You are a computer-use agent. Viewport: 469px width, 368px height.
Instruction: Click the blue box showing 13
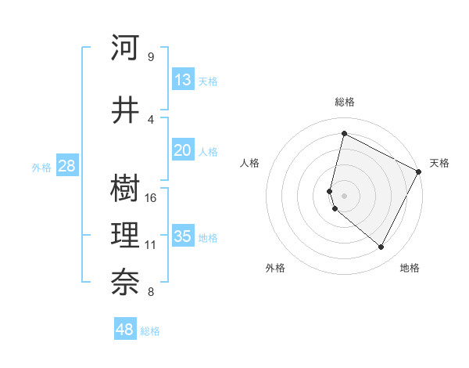(x=182, y=80)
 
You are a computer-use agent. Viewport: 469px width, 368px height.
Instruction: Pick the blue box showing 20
(x=182, y=151)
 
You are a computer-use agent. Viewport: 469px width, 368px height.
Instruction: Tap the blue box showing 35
(x=182, y=236)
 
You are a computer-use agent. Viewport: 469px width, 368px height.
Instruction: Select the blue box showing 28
(x=66, y=166)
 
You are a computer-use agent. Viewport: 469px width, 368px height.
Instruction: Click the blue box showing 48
(x=125, y=330)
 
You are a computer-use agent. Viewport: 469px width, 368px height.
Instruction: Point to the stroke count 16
(x=152, y=197)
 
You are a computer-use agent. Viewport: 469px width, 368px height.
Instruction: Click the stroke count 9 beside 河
(x=150, y=56)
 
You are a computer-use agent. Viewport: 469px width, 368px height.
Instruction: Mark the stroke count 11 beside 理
(x=151, y=245)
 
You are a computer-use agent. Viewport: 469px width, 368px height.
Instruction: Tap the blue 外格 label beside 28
(x=41, y=167)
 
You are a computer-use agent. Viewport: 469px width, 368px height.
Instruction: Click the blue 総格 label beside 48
(x=150, y=331)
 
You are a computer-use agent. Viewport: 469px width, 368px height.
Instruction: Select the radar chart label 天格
(x=439, y=163)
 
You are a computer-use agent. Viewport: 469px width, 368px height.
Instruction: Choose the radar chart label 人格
(x=249, y=163)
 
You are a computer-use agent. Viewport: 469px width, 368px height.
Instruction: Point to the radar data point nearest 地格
(x=381, y=247)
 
